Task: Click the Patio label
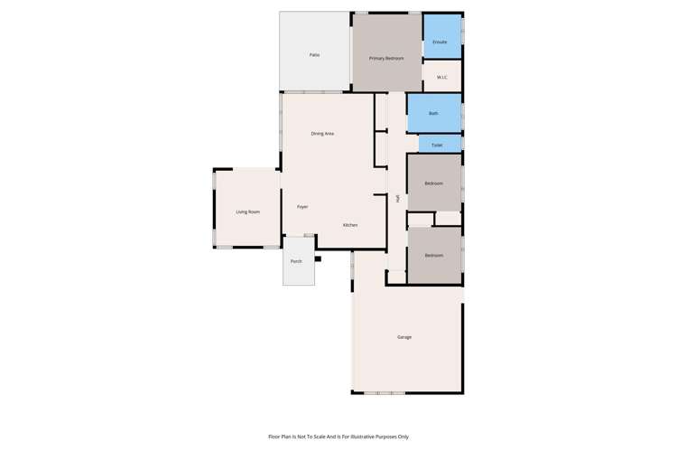[x=314, y=55]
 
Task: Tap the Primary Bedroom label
[x=386, y=58]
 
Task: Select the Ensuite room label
[x=440, y=42]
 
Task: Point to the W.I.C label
[x=442, y=77]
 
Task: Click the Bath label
[x=433, y=113]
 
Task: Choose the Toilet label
[x=437, y=145]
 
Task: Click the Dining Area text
[x=322, y=134]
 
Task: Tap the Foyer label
[x=302, y=207]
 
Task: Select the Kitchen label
[x=350, y=225]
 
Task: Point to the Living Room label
[x=248, y=212]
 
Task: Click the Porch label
[x=296, y=261]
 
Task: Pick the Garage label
[x=404, y=337]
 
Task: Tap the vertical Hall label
[x=398, y=198]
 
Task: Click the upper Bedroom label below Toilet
[x=434, y=184]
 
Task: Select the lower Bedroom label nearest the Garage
[x=434, y=255]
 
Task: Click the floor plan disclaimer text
[x=338, y=437]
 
